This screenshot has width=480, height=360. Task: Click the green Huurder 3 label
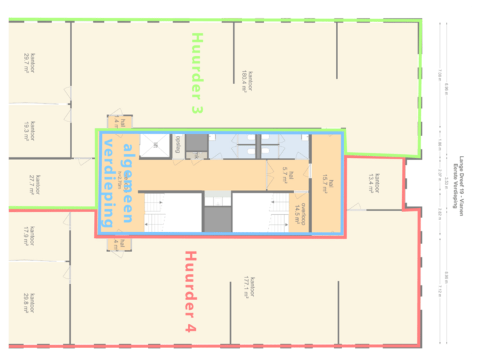[x=197, y=73]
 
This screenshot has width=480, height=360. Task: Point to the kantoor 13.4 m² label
[x=374, y=182]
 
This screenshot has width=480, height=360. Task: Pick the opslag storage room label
[x=177, y=145]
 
